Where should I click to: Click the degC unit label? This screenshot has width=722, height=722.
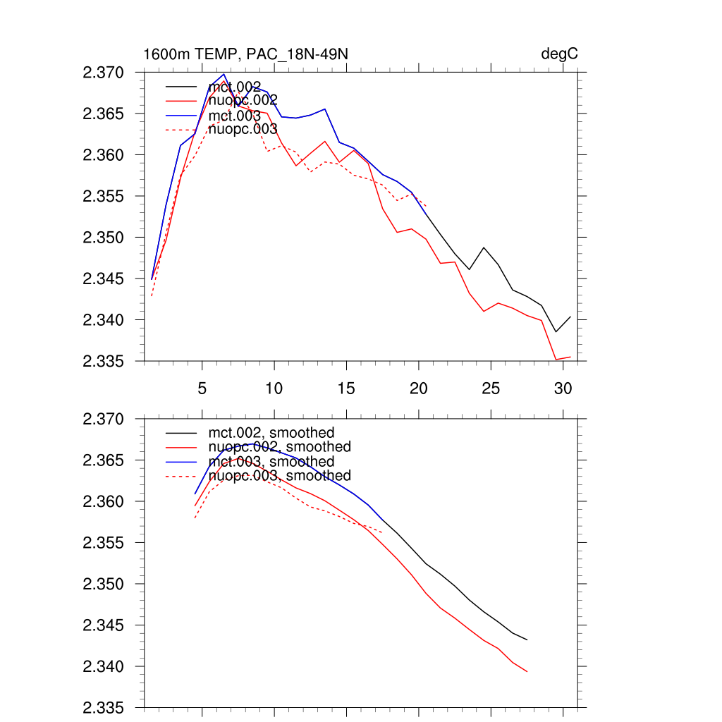click(560, 54)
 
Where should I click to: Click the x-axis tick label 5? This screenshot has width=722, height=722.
click(202, 388)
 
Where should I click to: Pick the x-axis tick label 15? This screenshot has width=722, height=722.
click(346, 388)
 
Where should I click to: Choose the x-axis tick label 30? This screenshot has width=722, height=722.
click(562, 388)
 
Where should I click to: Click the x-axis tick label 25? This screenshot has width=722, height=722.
click(490, 388)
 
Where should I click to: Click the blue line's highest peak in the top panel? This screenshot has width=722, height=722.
click(224, 74)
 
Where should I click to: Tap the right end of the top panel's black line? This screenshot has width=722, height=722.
click(570, 317)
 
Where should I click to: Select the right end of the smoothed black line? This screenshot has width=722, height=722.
click(527, 640)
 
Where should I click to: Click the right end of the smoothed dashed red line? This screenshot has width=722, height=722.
click(382, 533)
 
